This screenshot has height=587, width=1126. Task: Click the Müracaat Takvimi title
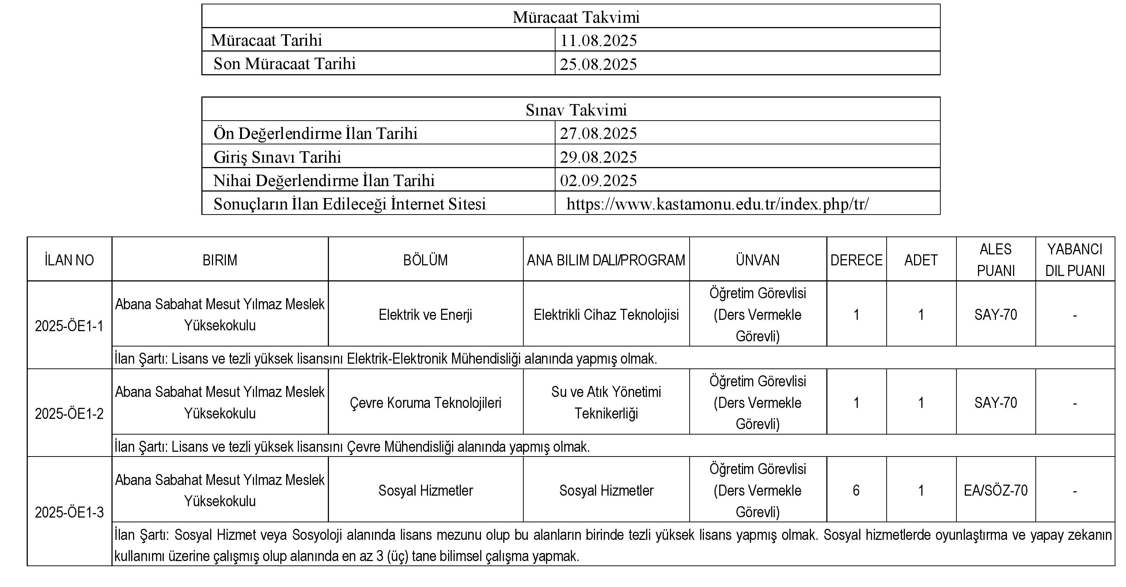coord(576,17)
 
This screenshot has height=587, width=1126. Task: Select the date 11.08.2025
coord(598,40)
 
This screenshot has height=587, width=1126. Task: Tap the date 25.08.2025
coord(598,64)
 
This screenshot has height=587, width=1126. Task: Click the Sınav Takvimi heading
coord(576,110)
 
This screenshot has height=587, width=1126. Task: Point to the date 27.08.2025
coord(598,133)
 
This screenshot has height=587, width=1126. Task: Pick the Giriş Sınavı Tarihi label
coord(277,156)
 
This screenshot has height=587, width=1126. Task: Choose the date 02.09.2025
coord(598,180)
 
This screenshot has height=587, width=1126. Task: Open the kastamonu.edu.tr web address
coord(717,204)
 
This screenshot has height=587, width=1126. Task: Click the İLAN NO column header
coord(69,260)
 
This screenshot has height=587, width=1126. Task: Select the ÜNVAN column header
coord(758,260)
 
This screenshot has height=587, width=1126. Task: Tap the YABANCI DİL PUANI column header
coord(1074,260)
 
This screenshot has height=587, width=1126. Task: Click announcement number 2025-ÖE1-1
coord(69,326)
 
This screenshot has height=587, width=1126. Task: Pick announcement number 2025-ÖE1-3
coord(69,512)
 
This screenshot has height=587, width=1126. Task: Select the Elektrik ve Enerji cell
coord(425,314)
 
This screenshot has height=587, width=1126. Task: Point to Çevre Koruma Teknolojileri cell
coord(425,402)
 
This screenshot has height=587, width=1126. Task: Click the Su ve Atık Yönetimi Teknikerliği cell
coord(606,402)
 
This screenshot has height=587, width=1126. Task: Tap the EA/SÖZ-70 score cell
coord(995,491)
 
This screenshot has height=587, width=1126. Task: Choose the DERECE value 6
coord(856,491)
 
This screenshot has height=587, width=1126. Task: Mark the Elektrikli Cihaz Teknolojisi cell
coord(606,314)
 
